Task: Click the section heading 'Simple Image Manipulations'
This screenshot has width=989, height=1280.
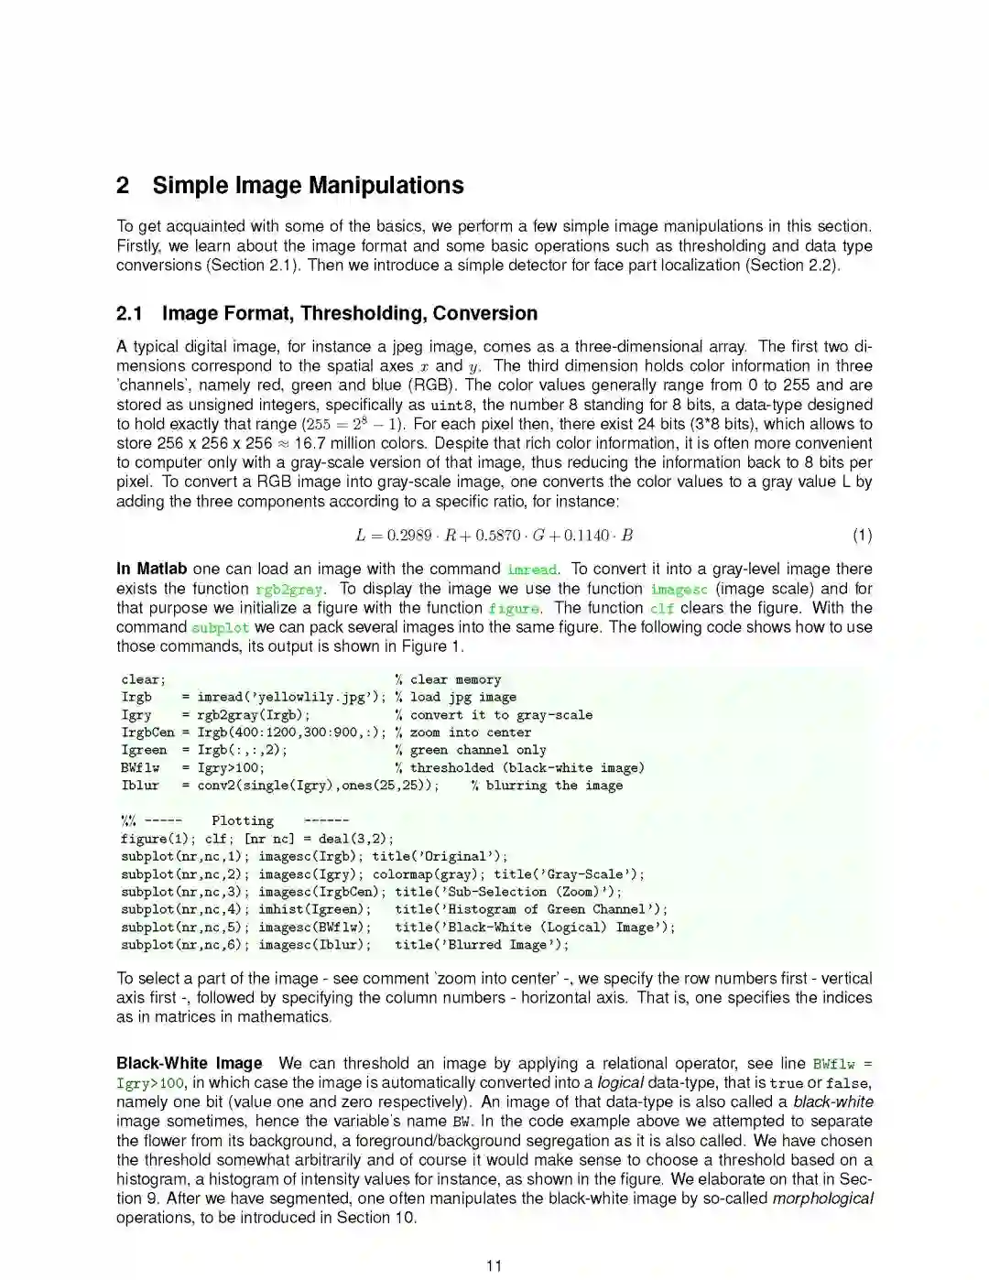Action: (308, 186)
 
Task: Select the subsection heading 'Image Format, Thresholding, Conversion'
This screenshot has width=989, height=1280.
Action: (349, 313)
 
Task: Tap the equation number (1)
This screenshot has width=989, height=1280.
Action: (862, 536)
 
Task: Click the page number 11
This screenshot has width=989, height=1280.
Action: (494, 1265)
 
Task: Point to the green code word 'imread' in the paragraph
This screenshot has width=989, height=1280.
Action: (532, 569)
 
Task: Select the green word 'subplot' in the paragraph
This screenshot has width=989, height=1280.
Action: (220, 628)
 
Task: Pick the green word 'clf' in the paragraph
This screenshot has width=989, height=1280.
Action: (661, 608)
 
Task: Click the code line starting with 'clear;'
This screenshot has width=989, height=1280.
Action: (143, 679)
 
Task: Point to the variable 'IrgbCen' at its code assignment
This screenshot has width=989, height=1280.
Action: (147, 732)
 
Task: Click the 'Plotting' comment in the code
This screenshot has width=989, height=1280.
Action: (242, 821)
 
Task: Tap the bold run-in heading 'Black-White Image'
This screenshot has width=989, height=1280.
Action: (189, 1063)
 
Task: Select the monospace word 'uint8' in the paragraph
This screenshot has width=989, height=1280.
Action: (453, 406)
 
